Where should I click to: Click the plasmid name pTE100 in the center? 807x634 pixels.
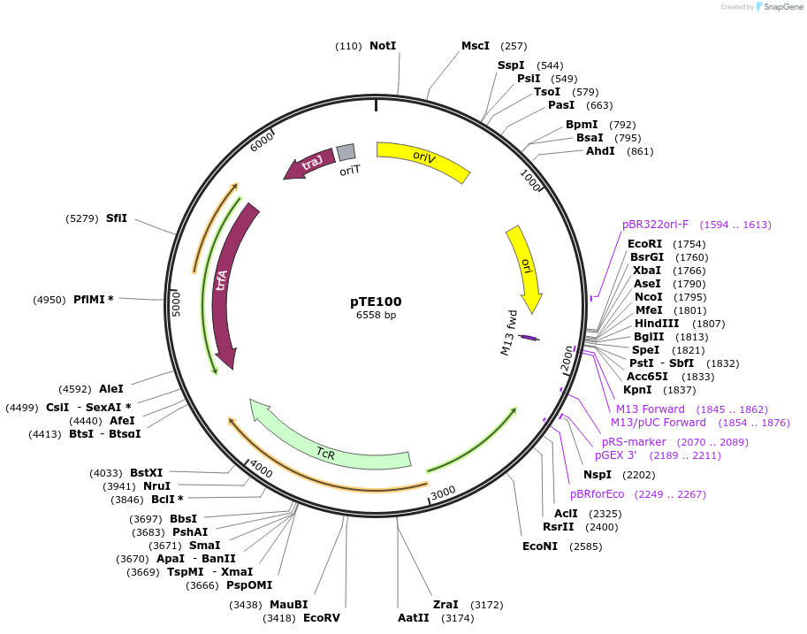[x=376, y=301]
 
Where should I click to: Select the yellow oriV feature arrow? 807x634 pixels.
[x=423, y=159]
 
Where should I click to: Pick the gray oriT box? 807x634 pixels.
[x=346, y=152]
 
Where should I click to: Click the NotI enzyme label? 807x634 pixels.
[x=383, y=45]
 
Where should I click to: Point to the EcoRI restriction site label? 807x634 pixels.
[x=644, y=244]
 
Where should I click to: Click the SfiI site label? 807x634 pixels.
[x=117, y=218]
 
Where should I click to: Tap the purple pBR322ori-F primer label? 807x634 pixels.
[x=655, y=225]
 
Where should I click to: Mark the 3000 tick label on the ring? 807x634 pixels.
[x=443, y=492]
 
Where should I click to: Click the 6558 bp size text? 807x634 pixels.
[x=376, y=315]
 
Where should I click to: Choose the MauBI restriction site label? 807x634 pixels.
[x=289, y=605]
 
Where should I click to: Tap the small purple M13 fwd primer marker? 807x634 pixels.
[x=528, y=338]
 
